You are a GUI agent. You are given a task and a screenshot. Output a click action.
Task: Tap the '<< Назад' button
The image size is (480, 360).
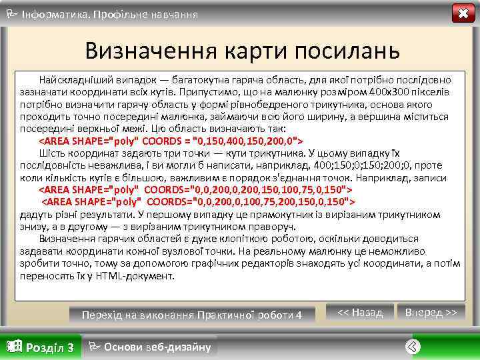tap(360, 312)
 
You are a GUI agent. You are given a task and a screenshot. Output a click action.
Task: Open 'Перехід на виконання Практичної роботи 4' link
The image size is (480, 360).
tap(191, 314)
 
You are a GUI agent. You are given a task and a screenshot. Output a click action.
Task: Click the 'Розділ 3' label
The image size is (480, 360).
tap(49, 347)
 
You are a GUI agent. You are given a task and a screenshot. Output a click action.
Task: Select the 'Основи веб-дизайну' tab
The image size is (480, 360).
tap(157, 347)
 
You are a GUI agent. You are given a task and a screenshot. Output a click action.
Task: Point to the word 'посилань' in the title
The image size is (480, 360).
tap(343, 51)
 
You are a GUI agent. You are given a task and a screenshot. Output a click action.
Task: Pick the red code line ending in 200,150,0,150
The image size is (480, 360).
tap(199, 202)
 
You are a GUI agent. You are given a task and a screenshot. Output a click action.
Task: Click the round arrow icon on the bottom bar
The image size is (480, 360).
tap(413, 346)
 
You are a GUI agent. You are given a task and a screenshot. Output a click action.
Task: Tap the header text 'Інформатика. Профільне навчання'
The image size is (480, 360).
tap(110, 13)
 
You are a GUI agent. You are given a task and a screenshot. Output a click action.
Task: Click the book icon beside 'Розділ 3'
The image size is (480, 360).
tap(13, 346)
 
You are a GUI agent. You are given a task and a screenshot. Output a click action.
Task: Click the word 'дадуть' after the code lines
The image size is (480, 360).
tap(35, 214)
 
